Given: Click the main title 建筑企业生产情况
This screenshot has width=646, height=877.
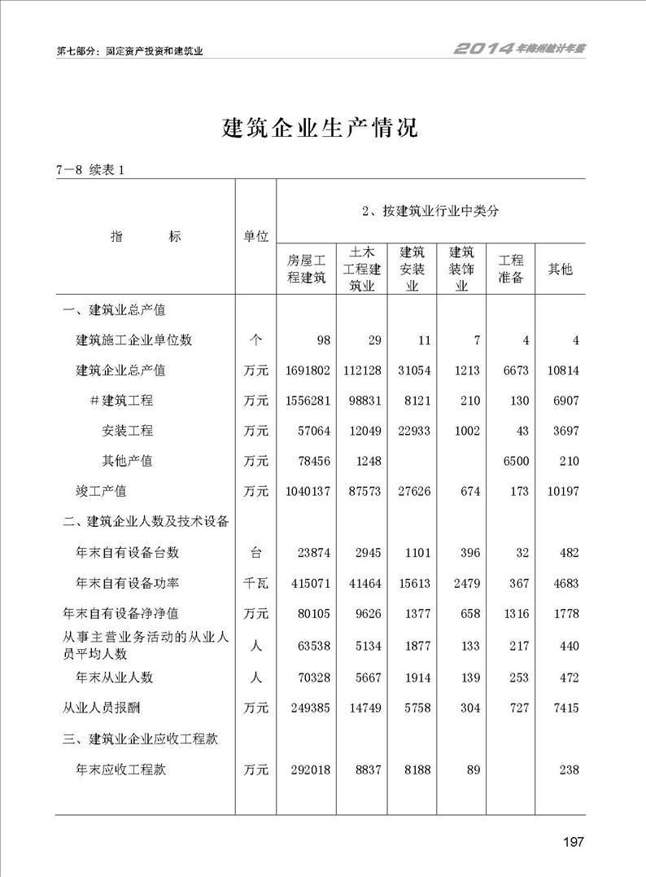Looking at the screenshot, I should pyautogui.click(x=320, y=128).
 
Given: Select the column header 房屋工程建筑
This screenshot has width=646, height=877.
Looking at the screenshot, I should pyautogui.click(x=307, y=268).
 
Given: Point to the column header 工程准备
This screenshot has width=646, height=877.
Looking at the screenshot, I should pyautogui.click(x=511, y=268).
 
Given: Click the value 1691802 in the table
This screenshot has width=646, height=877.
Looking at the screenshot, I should pyautogui.click(x=308, y=371).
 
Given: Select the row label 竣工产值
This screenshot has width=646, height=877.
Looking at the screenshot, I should pyautogui.click(x=102, y=491).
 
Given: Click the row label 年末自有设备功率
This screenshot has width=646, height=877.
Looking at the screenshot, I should pyautogui.click(x=127, y=582).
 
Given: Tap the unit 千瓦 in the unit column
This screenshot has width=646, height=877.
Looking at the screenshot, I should pyautogui.click(x=255, y=582).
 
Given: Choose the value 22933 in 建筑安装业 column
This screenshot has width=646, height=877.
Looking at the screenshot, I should pyautogui.click(x=412, y=431).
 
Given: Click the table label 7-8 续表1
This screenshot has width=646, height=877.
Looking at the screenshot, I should pyautogui.click(x=89, y=170).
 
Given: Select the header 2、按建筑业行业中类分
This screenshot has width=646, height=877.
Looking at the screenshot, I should pyautogui.click(x=430, y=211).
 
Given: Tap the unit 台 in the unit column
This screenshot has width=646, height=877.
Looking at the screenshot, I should pyautogui.click(x=255, y=552).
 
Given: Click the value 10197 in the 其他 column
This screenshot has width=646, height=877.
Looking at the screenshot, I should pyautogui.click(x=562, y=491).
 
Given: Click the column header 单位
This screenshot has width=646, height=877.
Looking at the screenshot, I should pyautogui.click(x=255, y=236).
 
